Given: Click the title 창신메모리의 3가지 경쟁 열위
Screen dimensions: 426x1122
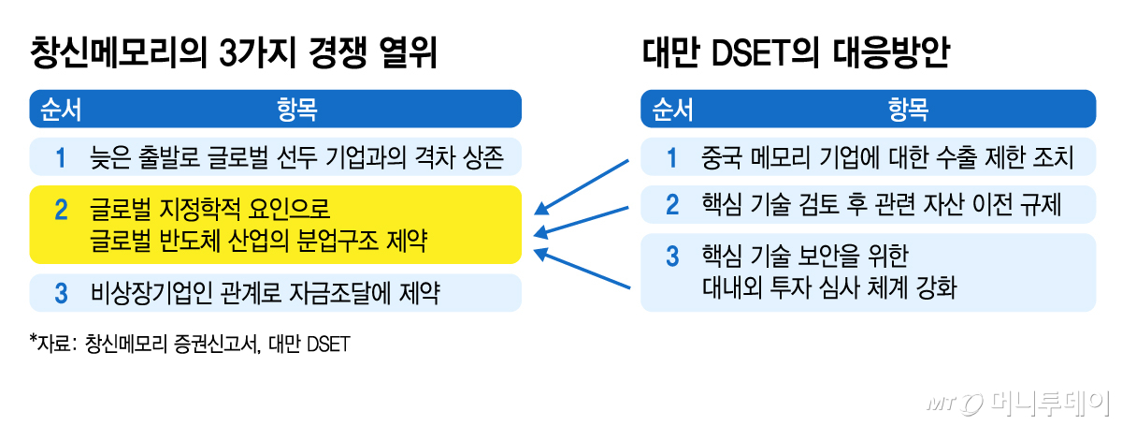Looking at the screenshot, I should (235, 52).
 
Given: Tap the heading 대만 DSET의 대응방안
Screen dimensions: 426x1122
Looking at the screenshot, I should (796, 52).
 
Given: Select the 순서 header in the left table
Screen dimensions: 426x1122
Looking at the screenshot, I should (59, 110).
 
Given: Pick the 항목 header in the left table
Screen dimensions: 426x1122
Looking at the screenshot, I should (296, 110).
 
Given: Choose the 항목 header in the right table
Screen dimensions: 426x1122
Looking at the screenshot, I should (907, 110).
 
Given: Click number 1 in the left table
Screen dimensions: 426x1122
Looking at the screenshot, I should (61, 157).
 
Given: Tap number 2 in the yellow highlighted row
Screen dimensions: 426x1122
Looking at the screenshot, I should (61, 210).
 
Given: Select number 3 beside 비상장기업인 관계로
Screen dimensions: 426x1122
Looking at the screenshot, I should (61, 294).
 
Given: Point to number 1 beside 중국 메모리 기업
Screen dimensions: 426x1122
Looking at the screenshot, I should (671, 157).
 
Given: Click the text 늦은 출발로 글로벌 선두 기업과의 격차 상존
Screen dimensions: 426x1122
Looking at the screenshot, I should (297, 157).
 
